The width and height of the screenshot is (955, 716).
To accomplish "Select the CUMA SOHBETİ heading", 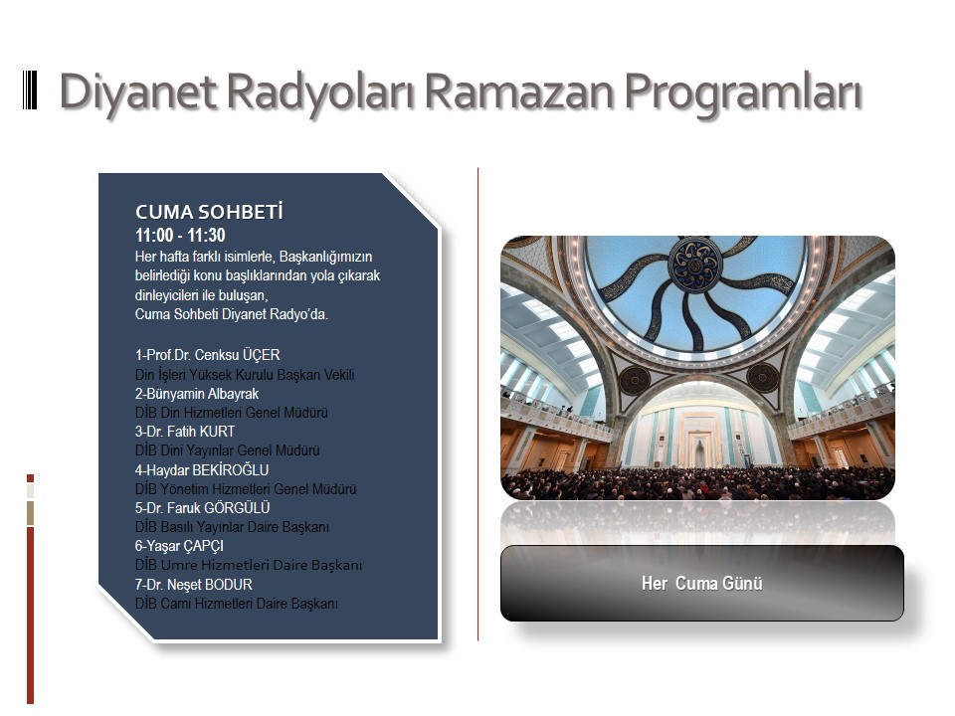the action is (x=209, y=212).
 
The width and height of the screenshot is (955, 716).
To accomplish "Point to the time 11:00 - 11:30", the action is (x=180, y=235).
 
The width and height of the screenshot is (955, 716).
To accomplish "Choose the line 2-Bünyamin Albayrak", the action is (x=197, y=394).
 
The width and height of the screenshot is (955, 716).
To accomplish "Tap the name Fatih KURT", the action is (x=201, y=432).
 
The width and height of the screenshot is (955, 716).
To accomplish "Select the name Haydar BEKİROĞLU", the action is (x=207, y=470).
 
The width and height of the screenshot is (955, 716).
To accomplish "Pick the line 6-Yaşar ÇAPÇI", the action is (x=179, y=546).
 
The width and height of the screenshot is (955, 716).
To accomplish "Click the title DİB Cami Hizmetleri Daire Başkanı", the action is (x=237, y=604).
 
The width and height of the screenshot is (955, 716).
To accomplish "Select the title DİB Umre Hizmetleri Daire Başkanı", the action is (x=249, y=565).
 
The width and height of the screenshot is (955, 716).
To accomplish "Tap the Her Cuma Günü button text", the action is (x=701, y=584).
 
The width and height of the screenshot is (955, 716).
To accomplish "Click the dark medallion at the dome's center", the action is (x=695, y=266).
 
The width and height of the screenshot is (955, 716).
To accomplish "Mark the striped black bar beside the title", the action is (x=30, y=90).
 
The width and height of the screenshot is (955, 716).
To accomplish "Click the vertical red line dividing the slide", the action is (x=478, y=405).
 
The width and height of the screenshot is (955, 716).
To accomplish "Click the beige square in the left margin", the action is (x=31, y=514).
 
